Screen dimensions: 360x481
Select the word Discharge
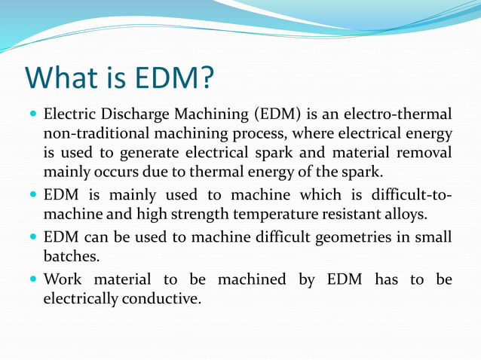(x=131, y=115)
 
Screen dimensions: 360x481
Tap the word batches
(x=70, y=256)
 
